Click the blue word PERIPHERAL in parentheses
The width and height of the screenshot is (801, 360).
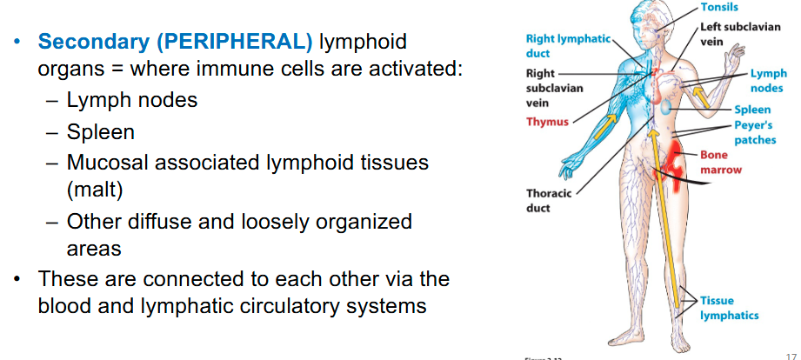[x=235, y=42]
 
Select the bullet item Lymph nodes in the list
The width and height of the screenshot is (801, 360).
[x=132, y=100]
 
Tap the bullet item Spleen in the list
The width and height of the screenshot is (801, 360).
[x=101, y=132]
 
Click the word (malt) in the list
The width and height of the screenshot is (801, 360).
[x=95, y=190]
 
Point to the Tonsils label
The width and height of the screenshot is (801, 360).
[x=719, y=7]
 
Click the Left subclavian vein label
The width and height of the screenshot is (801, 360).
[x=740, y=34]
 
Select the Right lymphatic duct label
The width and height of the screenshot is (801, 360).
[x=568, y=46]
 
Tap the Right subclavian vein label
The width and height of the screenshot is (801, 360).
[x=554, y=89]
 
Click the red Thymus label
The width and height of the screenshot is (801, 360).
[x=547, y=122]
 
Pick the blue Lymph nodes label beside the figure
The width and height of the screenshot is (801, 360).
[x=768, y=81]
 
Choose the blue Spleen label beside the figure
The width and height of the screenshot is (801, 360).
[x=752, y=110]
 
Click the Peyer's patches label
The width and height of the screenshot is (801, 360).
[x=755, y=132]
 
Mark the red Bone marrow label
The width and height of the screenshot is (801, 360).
[x=720, y=162]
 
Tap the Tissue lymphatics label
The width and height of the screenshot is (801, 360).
[x=729, y=308]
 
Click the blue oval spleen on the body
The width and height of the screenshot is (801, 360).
[x=665, y=107]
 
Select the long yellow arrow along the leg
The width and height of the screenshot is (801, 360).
[x=664, y=217]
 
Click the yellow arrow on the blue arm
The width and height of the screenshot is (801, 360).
[x=604, y=126]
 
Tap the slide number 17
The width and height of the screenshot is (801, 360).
[x=791, y=356]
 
